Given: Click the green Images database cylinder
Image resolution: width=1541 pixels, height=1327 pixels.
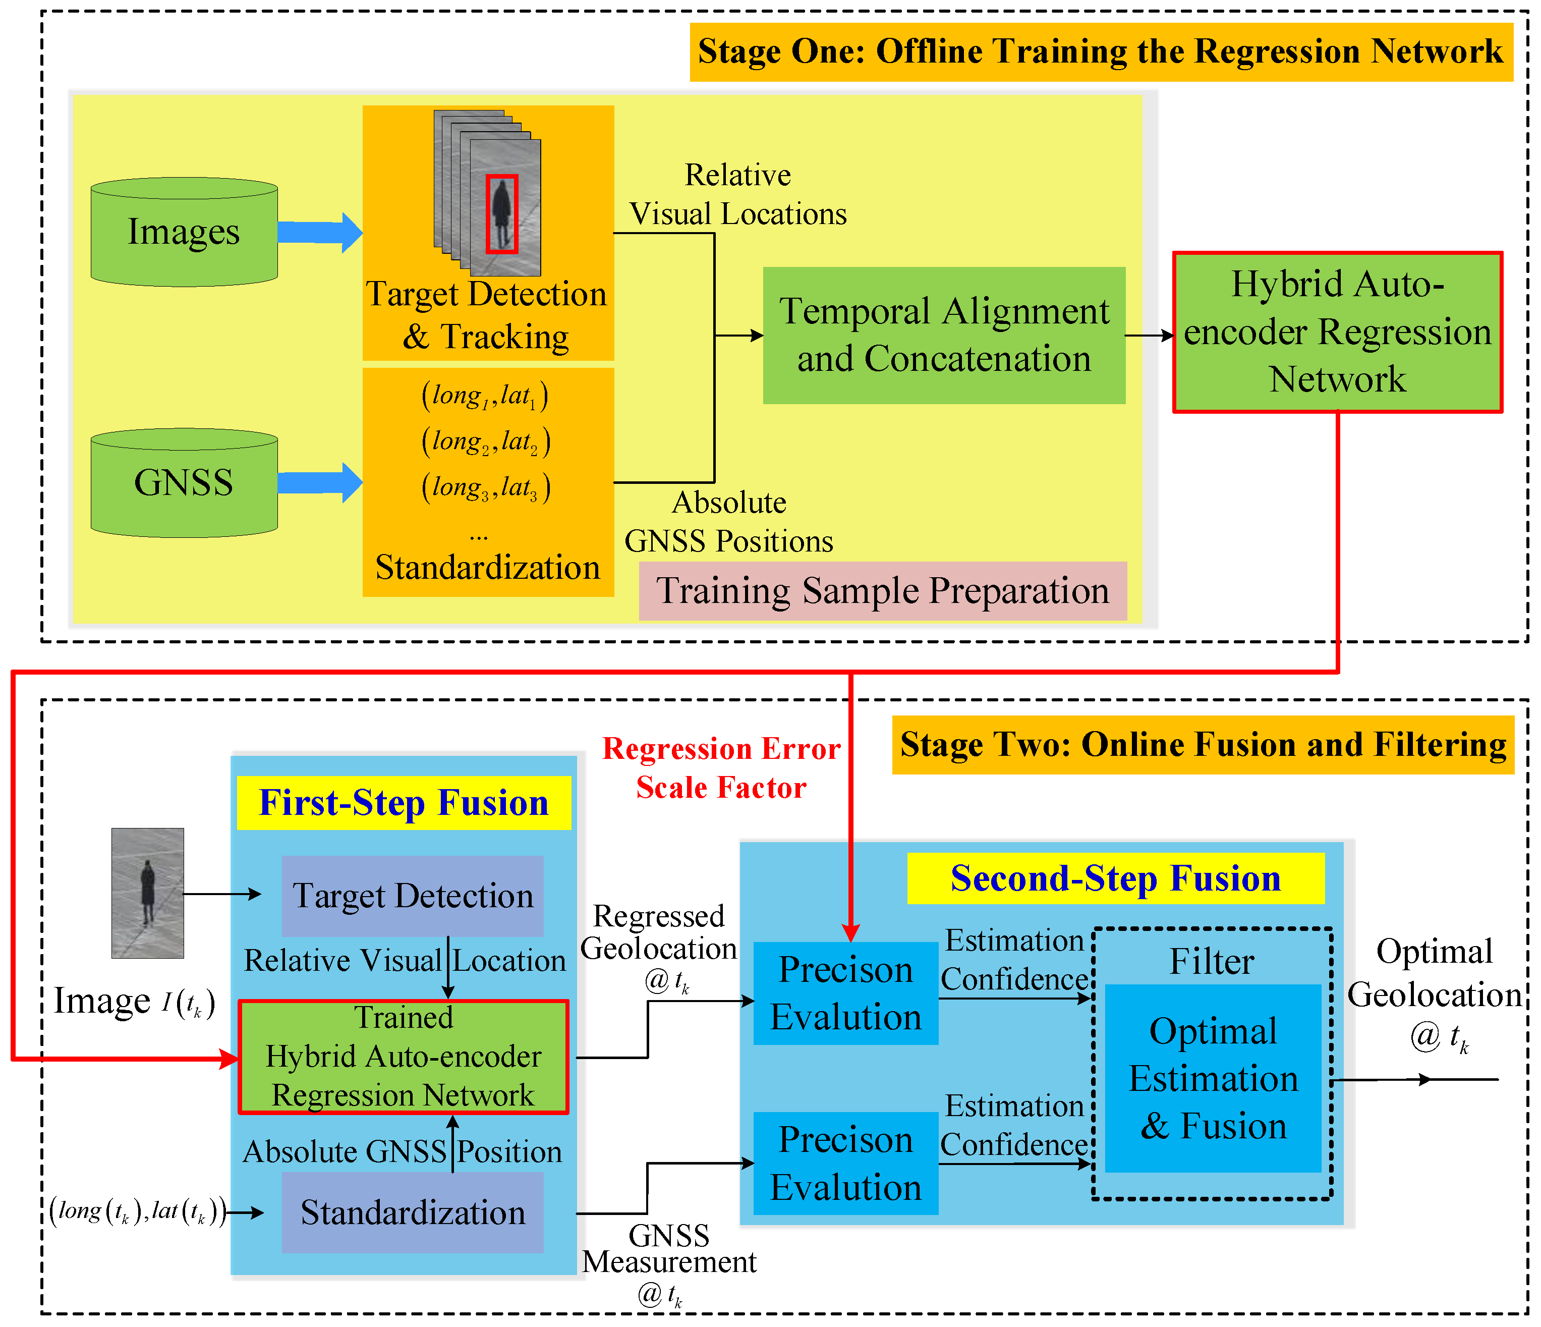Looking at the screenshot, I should [184, 232].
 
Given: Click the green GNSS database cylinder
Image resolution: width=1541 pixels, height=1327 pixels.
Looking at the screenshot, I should [184, 483].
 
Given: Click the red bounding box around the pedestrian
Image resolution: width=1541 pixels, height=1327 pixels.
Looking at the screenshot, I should [501, 214].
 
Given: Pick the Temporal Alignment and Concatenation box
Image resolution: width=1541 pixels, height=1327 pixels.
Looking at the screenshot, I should [944, 336].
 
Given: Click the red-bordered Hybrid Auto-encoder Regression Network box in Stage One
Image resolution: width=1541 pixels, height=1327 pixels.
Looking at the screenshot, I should [1337, 332].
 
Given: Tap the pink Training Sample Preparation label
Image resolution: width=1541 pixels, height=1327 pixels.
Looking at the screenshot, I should [882, 591].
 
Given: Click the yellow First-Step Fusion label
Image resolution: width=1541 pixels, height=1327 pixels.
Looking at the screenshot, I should [404, 803].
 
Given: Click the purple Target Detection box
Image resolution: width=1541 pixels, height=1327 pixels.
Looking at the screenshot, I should [413, 896].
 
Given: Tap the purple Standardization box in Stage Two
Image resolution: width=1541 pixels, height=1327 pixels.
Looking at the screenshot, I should [413, 1212].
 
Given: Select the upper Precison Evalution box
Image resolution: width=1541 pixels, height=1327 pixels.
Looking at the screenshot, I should [845, 993].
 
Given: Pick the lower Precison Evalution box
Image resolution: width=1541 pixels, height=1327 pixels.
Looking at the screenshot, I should [845, 1163].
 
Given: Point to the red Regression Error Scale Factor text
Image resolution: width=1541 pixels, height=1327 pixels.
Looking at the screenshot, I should [721, 767].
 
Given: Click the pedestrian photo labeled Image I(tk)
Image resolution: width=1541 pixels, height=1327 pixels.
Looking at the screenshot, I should [147, 893].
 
